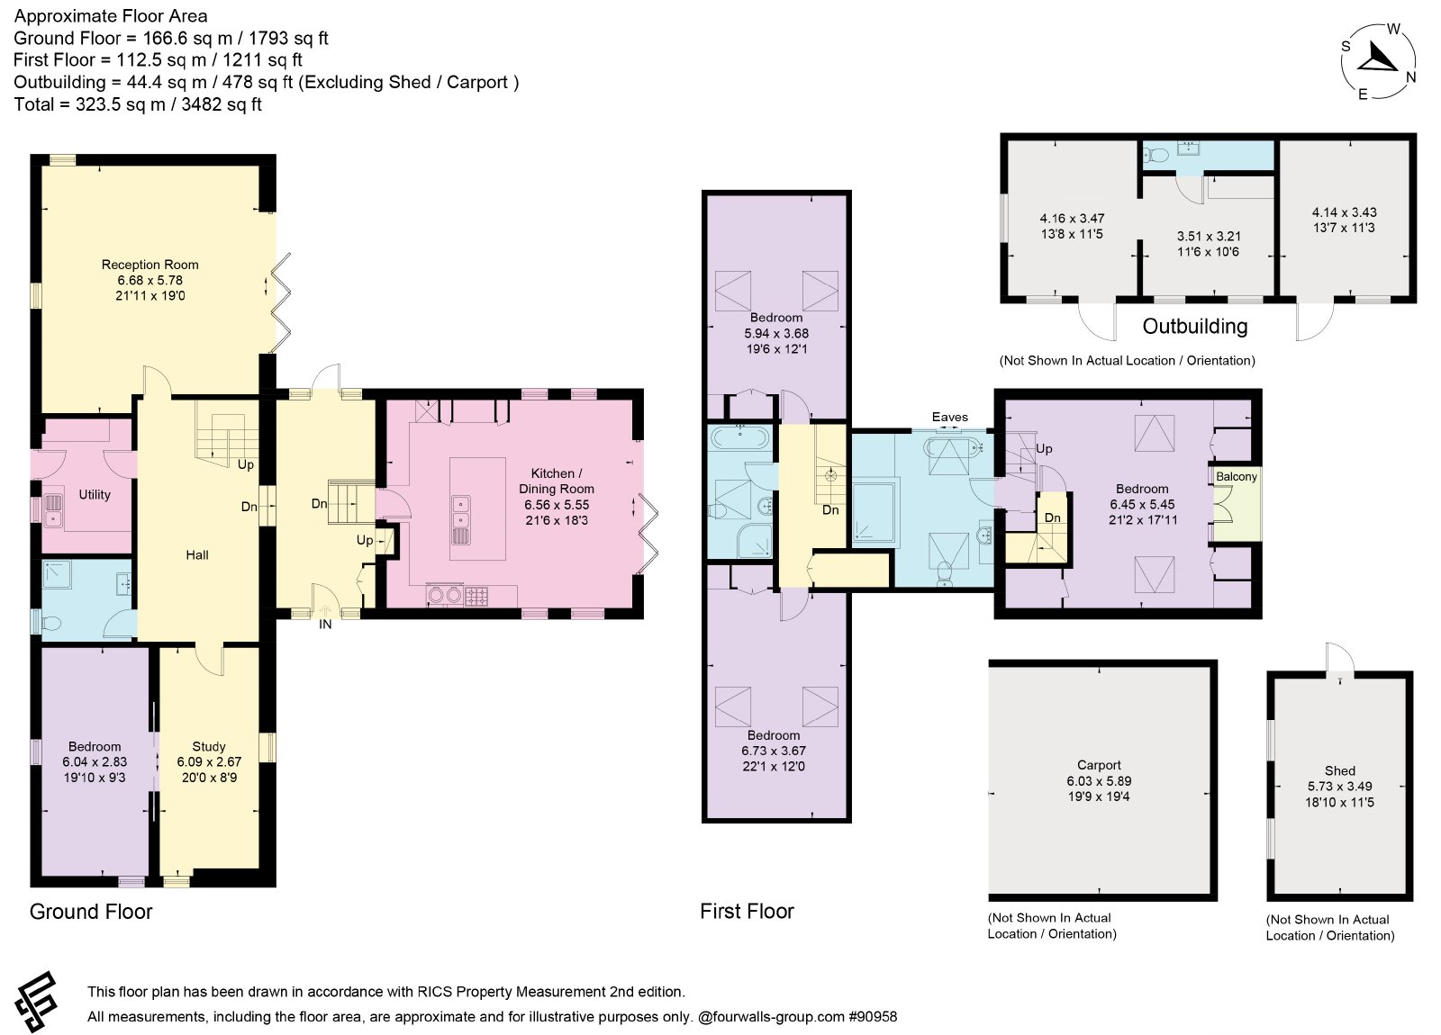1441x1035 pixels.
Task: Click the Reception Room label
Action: pyautogui.click(x=150, y=265)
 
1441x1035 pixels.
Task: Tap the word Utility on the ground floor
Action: pyautogui.click(x=95, y=494)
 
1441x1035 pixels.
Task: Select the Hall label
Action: pyautogui.click(x=197, y=554)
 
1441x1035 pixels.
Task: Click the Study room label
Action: pyautogui.click(x=209, y=746)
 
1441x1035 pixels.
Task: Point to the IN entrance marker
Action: pyautogui.click(x=325, y=625)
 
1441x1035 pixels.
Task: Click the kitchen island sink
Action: pyautogui.click(x=460, y=511)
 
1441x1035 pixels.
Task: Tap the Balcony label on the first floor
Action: pyautogui.click(x=1236, y=476)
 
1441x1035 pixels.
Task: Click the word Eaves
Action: pyautogui.click(x=949, y=418)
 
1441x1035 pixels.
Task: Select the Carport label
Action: pyautogui.click(x=1099, y=765)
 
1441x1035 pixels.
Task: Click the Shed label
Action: pyautogui.click(x=1340, y=770)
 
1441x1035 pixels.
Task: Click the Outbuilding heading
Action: pyautogui.click(x=1194, y=327)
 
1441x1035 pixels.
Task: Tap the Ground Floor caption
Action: pyautogui.click(x=91, y=912)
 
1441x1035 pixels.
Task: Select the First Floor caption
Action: pyautogui.click(x=747, y=911)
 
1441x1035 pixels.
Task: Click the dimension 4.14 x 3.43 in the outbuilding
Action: pyautogui.click(x=1345, y=212)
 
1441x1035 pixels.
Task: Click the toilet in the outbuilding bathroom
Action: pyautogui.click(x=1156, y=155)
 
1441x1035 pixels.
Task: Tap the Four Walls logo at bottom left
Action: pyautogui.click(x=37, y=1002)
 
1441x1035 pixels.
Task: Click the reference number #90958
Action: pyautogui.click(x=873, y=1016)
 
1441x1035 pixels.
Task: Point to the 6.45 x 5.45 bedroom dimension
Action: pyautogui.click(x=1142, y=505)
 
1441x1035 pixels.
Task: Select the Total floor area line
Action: pyautogui.click(x=138, y=104)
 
